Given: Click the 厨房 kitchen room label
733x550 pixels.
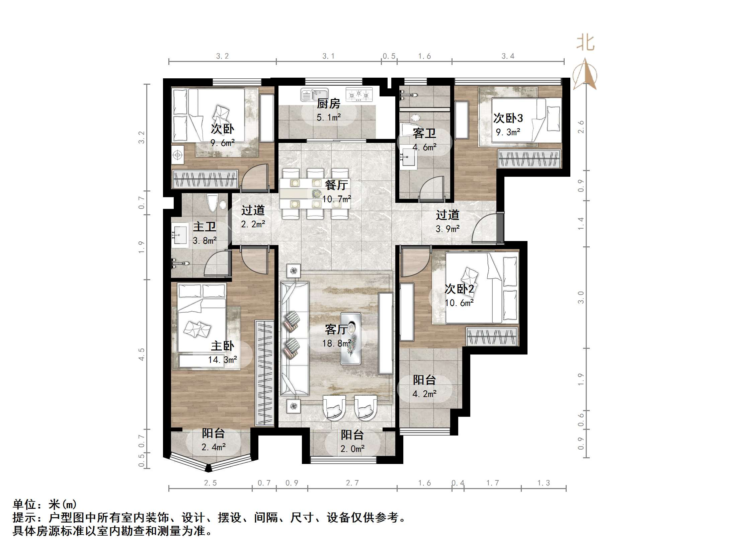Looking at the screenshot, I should pyautogui.click(x=328, y=104).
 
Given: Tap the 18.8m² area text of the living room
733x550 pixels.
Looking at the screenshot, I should pyautogui.click(x=336, y=343).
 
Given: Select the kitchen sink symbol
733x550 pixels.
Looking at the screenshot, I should pyautogui.click(x=314, y=95).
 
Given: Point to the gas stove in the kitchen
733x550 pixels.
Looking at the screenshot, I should pyautogui.click(x=359, y=94).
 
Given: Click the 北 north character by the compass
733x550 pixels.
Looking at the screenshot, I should pyautogui.click(x=585, y=43).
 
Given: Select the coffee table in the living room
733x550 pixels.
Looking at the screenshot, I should pyautogui.click(x=350, y=338).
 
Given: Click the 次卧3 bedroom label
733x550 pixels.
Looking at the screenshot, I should pyautogui.click(x=508, y=118).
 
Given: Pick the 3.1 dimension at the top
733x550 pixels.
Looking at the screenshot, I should pyautogui.click(x=328, y=56).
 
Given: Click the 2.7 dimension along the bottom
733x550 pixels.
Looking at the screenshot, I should pyautogui.click(x=352, y=483).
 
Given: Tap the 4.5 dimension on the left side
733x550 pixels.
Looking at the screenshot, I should pyautogui.click(x=142, y=354).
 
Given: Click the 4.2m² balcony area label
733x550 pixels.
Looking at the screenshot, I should pyautogui.click(x=424, y=394).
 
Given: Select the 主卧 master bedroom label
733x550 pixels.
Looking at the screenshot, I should pyautogui.click(x=222, y=346).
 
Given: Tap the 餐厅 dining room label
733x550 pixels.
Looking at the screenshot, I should pyautogui.click(x=336, y=185).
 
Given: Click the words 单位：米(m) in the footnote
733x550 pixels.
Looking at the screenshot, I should pyautogui.click(x=45, y=504).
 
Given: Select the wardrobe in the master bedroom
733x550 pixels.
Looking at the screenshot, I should pyautogui.click(x=264, y=373).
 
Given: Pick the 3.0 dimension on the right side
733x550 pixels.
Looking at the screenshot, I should pyautogui.click(x=581, y=297).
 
